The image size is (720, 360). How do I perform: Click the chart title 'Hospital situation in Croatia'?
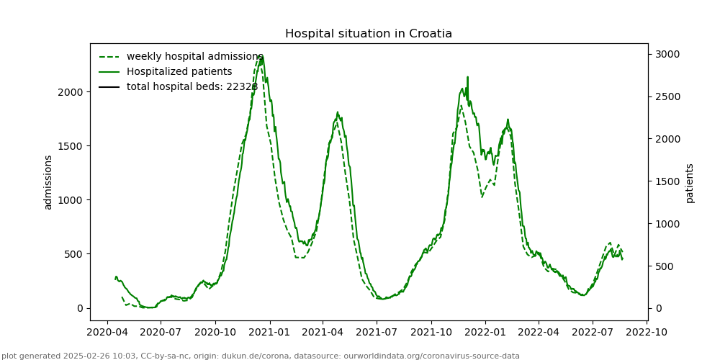coord(369,34)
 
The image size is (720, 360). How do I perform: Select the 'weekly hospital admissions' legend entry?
coord(194,57)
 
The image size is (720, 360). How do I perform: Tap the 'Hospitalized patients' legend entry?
coord(179,72)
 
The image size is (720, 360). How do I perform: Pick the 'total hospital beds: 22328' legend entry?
coord(192,87)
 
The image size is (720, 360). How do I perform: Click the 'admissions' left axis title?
coord(48,182)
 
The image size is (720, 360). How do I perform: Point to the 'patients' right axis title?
coord(690,183)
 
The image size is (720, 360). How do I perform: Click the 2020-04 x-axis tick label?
coord(107,333)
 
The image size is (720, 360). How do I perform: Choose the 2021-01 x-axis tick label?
coord(270,333)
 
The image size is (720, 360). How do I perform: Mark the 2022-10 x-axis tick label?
coord(647,333)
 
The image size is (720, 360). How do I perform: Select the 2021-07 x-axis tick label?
coord(377,333)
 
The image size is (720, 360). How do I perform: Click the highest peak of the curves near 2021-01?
coord(261,55)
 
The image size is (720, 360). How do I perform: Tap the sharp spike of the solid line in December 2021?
coord(467,77)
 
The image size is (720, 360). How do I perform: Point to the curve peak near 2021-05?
coord(337,112)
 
